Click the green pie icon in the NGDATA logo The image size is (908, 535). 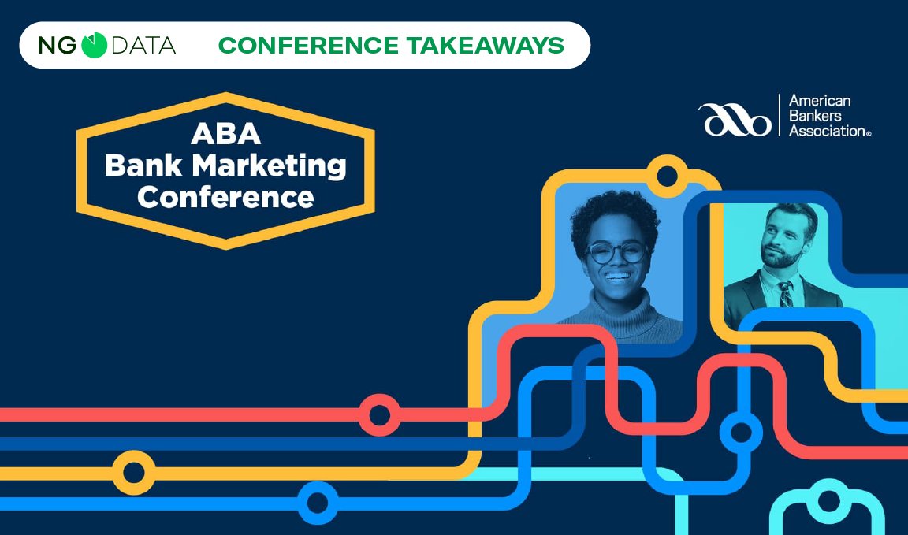tap(94, 45)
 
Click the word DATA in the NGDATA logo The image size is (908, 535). tap(143, 46)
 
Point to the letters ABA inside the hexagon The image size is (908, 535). tap(225, 135)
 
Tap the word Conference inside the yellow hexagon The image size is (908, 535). tap(225, 196)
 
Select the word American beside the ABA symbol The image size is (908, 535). tap(820, 101)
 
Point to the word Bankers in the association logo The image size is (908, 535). tap(817, 116)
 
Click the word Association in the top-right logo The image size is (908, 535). tap(828, 131)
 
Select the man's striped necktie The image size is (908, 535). tap(786, 294)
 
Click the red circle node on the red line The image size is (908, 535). tap(379, 415)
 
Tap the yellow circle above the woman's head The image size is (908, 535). tap(667, 175)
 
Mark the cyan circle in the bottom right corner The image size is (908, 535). tap(829, 502)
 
